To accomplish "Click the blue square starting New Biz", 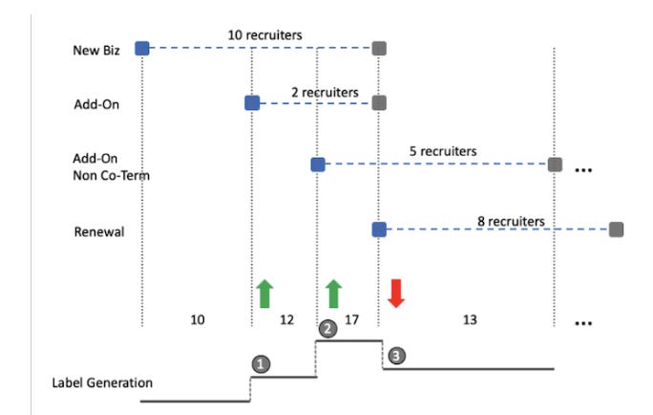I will click(142, 48).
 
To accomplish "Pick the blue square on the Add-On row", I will click(251, 102).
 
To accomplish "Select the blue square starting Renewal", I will click(379, 229).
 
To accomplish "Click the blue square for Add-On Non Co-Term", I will click(317, 165).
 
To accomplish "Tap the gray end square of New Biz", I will click(379, 48).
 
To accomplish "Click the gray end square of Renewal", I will click(616, 229).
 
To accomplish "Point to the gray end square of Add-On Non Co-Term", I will click(555, 165).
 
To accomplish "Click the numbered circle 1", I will click(259, 364).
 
